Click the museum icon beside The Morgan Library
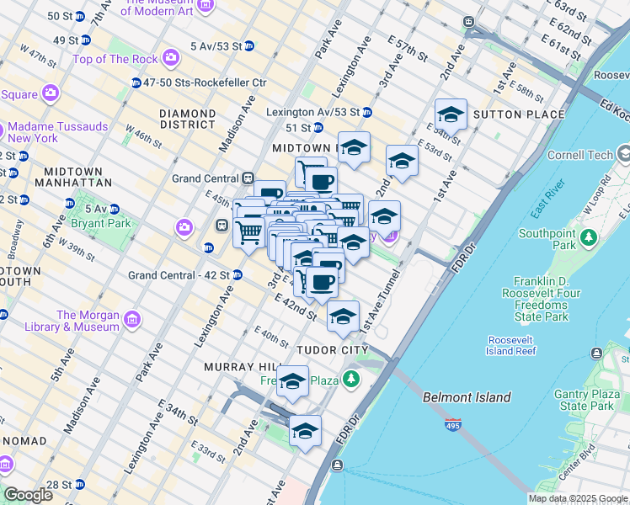coord(131,321)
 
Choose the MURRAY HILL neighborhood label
coord(242,368)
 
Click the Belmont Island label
coord(466,397)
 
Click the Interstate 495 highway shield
coord(453,426)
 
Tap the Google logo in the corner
coord(28,495)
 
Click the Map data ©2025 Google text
coord(577,498)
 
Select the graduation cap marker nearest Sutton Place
coord(451,115)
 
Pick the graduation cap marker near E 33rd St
coord(305,432)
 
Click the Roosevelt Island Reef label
coord(511,345)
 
